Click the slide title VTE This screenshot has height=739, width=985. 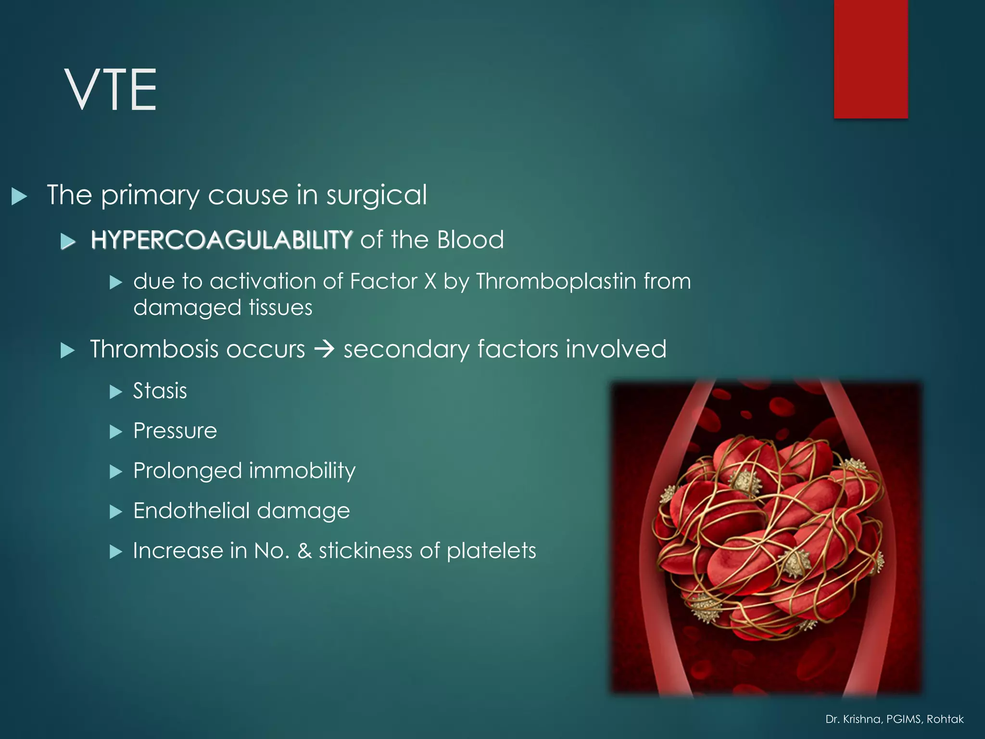111,89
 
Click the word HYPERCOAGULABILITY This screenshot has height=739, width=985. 222,240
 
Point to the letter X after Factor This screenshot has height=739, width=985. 430,281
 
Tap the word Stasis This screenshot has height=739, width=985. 160,391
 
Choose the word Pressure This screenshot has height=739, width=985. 175,431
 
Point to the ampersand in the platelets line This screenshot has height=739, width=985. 304,551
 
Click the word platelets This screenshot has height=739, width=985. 491,551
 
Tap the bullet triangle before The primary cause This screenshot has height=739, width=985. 19,196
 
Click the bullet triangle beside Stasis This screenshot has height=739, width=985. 115,392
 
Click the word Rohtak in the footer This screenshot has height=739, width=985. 945,719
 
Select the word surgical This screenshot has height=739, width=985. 377,195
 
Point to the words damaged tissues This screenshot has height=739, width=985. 223,307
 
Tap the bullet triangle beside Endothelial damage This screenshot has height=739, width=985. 115,511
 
